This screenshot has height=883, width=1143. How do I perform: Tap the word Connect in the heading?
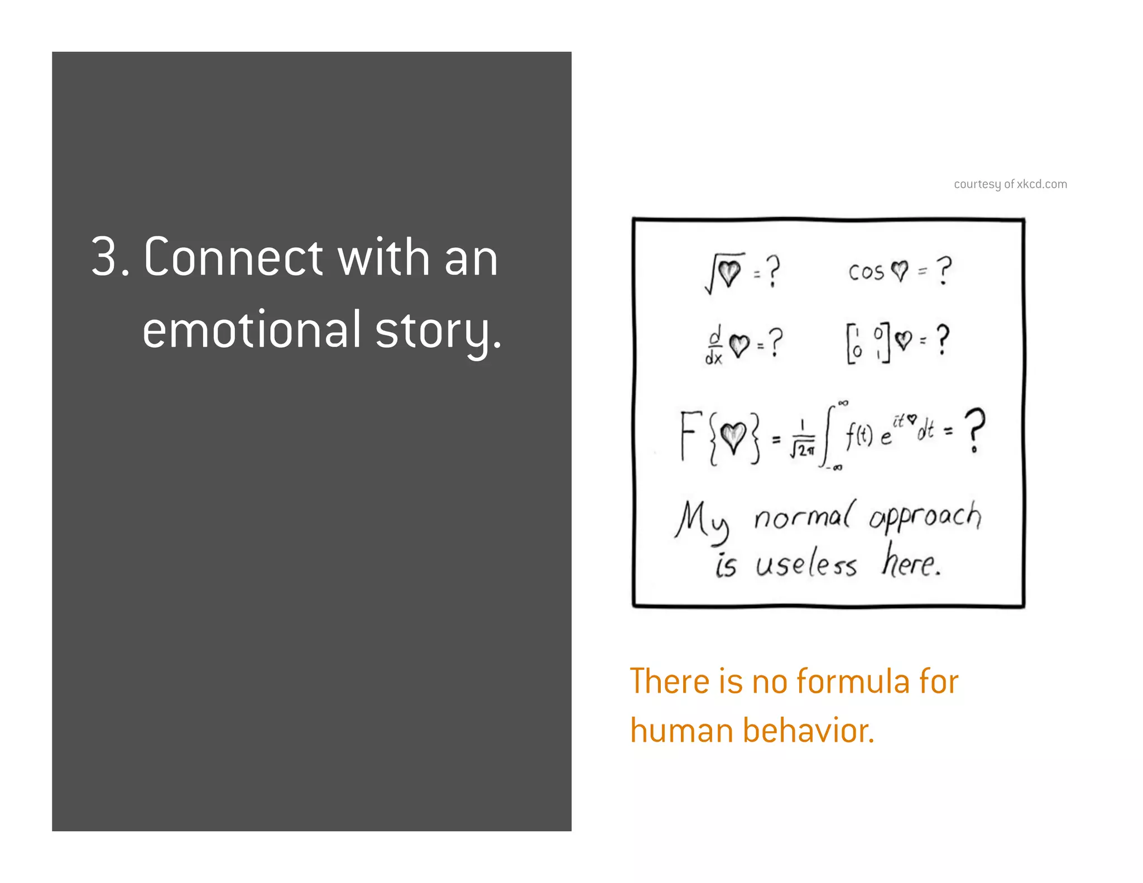[x=233, y=258]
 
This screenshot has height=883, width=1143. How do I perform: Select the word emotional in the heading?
[x=252, y=330]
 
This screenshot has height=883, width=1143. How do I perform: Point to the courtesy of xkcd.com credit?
[x=1010, y=184]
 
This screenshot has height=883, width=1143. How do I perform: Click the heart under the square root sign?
[x=729, y=272]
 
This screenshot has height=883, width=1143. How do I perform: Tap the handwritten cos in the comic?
[x=866, y=272]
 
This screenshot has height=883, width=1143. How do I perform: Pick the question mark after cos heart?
[x=944, y=271]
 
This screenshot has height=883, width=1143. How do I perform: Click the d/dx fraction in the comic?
[x=714, y=345]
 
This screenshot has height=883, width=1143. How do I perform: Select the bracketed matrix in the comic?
[x=867, y=343]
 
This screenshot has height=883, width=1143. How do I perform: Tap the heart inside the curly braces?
[x=733, y=437]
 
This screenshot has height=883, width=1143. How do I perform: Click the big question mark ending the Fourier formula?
[x=974, y=430]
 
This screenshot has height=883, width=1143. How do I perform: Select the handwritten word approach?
[x=925, y=517]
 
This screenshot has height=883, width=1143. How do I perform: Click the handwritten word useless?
[x=806, y=565]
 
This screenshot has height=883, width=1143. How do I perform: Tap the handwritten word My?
[x=702, y=520]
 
